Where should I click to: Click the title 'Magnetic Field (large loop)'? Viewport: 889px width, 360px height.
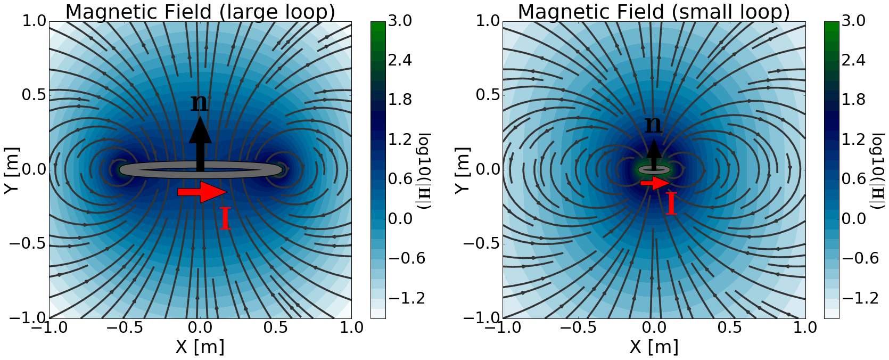pos(200,12)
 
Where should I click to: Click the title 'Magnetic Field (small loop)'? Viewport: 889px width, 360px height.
pos(654,12)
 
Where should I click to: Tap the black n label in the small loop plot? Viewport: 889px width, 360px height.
pos(653,125)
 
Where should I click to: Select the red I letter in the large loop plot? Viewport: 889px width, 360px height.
pos(225,219)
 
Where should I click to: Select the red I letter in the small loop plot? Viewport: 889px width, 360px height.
pos(671,204)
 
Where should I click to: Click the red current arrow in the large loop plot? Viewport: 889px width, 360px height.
pos(202,192)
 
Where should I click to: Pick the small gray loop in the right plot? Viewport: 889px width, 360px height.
pos(654,169)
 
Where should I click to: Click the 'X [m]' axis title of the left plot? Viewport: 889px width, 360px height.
pos(200,347)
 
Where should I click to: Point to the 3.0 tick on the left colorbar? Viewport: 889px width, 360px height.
pos(400,21)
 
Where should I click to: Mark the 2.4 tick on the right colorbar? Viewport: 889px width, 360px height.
pos(853,60)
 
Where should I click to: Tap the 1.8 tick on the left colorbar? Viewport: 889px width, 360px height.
pos(400,100)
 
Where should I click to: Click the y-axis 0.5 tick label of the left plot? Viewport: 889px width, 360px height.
pos(33,95)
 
